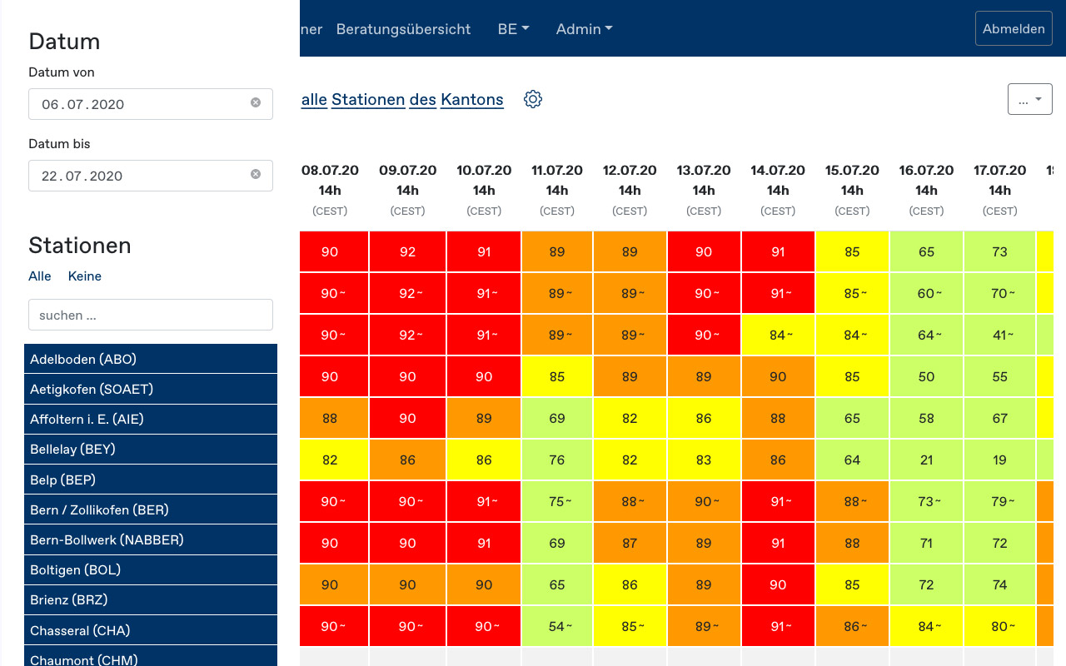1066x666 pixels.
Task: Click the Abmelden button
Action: pos(1014,29)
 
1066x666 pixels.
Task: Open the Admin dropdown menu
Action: pos(584,29)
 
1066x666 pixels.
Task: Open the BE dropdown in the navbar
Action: pos(513,29)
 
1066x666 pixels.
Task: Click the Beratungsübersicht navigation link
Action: pos(403,29)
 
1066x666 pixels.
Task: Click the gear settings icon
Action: pos(533,100)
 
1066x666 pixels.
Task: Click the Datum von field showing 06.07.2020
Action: pos(142,104)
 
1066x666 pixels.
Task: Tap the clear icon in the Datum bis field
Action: pos(256,175)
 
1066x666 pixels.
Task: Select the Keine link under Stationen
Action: pos(84,276)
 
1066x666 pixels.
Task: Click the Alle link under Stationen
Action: pos(40,276)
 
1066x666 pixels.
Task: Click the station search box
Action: pos(151,316)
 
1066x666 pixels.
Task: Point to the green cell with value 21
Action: pos(926,460)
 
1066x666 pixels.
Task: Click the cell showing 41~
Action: pos(999,335)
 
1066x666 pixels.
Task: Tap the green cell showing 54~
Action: pos(557,626)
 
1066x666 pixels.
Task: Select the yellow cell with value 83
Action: pos(704,460)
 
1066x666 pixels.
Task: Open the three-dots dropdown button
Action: pos(1029,99)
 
